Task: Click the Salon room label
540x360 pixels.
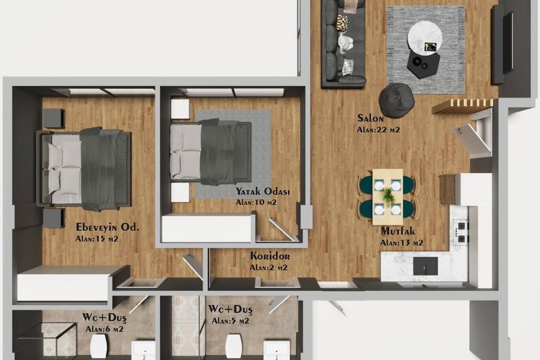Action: [x=370, y=118]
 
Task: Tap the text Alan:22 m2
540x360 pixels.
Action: [x=378, y=130]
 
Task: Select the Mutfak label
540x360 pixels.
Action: [x=398, y=231]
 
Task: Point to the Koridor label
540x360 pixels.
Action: [x=270, y=256]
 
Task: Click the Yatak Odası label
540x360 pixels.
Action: [x=263, y=191]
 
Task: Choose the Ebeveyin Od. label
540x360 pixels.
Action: [x=108, y=227]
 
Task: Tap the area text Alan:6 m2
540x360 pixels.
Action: [x=104, y=329]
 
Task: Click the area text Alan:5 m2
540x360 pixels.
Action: [x=230, y=321]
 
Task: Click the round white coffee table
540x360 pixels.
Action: [x=425, y=39]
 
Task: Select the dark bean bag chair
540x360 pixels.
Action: [x=396, y=100]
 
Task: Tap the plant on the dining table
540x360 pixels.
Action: [x=388, y=196]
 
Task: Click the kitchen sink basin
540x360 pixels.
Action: [x=426, y=266]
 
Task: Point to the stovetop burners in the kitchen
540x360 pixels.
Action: [x=461, y=232]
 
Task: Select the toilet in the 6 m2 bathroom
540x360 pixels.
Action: [x=99, y=346]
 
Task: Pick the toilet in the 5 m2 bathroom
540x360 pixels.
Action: [x=233, y=346]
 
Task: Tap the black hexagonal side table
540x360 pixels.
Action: [x=423, y=65]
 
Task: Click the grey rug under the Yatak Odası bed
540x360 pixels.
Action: [x=233, y=154]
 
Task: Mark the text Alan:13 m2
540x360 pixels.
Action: [x=401, y=243]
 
